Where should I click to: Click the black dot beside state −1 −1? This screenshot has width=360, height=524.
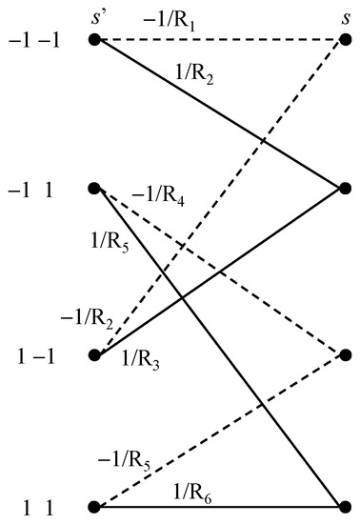point(94,39)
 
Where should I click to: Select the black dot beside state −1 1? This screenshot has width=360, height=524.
point(94,189)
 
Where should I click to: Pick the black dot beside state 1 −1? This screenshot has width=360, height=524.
point(94,355)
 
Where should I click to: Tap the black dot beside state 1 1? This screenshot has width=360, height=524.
point(94,506)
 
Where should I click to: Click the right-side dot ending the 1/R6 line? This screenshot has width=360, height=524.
point(346,506)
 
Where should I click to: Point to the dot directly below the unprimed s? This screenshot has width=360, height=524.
point(346,39)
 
